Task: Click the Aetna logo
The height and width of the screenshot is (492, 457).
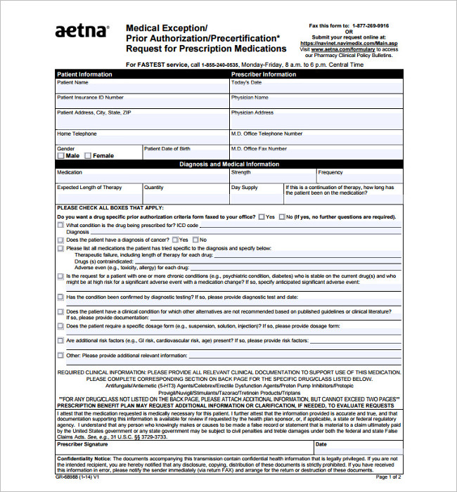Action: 82,32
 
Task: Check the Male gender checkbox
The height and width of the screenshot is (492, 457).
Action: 61,156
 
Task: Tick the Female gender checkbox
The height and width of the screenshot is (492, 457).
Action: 88,156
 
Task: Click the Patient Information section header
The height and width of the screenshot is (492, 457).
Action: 84,74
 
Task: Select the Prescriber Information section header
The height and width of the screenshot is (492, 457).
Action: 264,74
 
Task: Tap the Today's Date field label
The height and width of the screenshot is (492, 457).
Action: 246,82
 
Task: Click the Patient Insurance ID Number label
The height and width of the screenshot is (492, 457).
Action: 90,98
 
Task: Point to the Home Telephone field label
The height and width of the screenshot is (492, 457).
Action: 77,134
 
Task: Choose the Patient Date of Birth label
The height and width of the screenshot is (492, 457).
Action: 167,148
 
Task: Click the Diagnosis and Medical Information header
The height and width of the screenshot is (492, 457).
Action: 229,164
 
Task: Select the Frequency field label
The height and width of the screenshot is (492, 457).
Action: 330,172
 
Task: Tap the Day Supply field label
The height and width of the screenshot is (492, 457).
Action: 245,188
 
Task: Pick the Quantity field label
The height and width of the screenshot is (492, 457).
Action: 154,188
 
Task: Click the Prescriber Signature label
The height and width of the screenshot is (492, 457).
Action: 82,444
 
